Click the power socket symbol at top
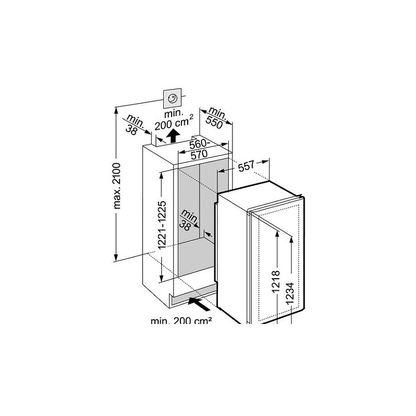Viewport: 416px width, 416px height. [x=173, y=98]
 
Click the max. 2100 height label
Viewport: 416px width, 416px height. [x=116, y=186]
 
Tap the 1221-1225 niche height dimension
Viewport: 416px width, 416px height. [x=162, y=225]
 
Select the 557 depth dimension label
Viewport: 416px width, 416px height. [x=246, y=166]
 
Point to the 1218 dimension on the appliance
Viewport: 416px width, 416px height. [x=276, y=281]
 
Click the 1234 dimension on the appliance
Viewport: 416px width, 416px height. [x=290, y=293]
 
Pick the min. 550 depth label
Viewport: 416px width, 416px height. [x=216, y=118]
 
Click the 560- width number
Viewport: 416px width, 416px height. [x=200, y=145]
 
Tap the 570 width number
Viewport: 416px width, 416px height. [x=199, y=154]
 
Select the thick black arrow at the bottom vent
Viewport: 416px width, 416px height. [x=199, y=304]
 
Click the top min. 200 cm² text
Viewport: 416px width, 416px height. [x=174, y=119]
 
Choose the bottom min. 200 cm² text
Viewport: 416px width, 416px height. [x=181, y=321]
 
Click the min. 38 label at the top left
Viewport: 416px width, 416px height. [x=135, y=124]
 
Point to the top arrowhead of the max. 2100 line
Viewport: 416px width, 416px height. [x=115, y=110]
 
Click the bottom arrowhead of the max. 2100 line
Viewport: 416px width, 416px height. [x=115, y=257]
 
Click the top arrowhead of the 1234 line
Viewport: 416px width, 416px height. [x=291, y=240]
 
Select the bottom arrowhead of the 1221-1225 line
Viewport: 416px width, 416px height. [x=161, y=278]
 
